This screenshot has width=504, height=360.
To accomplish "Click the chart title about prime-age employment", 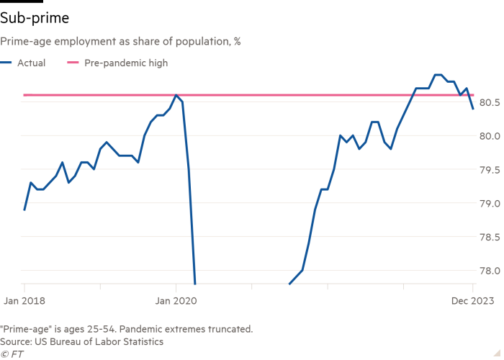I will [121, 42].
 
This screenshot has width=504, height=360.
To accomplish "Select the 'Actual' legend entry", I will [32, 63].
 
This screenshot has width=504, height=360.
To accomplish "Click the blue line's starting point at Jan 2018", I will [24, 210].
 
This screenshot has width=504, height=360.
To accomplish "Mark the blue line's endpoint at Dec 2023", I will [473, 109].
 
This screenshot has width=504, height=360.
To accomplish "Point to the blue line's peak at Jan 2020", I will [177, 95].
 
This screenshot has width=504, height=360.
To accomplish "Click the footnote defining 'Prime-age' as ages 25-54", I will [127, 328].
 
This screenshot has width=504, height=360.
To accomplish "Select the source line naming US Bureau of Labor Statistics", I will [82, 341].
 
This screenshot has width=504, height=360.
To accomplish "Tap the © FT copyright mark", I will [10, 354].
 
